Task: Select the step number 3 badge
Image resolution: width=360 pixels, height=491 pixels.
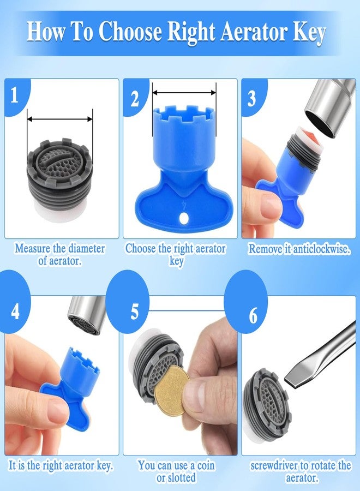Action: [253, 98]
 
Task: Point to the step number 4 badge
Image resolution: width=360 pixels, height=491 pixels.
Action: [15, 311]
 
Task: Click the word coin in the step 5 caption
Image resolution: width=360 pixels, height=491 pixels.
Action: [206, 465]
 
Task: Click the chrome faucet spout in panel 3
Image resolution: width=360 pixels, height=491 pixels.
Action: [329, 108]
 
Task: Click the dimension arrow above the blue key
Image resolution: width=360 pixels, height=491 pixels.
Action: [184, 93]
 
